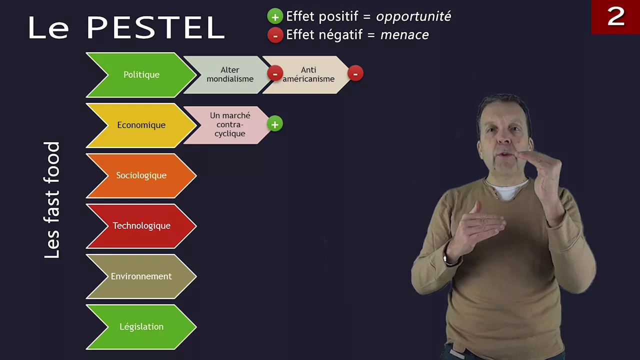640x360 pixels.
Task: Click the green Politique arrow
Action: tap(141, 75)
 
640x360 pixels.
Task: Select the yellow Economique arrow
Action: tap(141, 125)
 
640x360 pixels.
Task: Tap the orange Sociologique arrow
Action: tap(141, 175)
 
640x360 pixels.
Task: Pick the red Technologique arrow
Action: tap(141, 225)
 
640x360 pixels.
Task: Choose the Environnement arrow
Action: tap(141, 276)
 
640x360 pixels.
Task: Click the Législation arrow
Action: tap(141, 327)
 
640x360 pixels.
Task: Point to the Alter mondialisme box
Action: tap(228, 74)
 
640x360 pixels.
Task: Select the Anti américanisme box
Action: tap(307, 74)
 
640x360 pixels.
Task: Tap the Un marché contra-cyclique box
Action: tap(228, 125)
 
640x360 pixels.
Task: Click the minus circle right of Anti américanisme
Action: tap(355, 73)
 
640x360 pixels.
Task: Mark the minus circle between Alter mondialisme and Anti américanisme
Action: tap(275, 73)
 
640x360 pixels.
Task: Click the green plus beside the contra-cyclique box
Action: tap(275, 123)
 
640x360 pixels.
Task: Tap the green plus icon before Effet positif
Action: tap(275, 16)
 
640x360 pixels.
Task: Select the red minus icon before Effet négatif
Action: tap(275, 35)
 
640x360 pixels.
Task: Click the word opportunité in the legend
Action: tap(413, 16)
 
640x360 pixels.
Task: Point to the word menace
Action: tap(404, 35)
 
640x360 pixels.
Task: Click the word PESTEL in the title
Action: tap(155, 27)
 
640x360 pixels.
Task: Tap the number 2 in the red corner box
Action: tap(616, 16)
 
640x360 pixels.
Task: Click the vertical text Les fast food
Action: tap(51, 200)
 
